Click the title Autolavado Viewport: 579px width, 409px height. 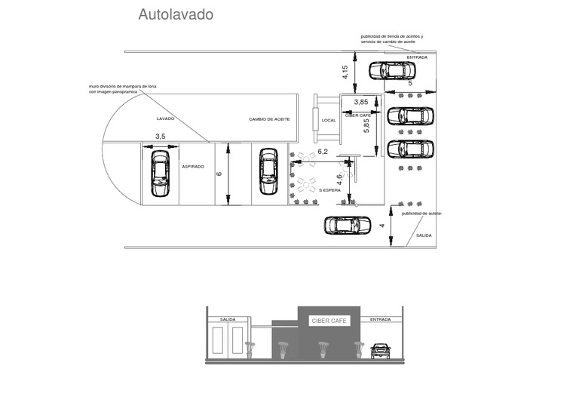click(176, 14)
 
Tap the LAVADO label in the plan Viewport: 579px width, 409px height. click(165, 119)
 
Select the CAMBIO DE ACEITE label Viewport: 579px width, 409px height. click(269, 119)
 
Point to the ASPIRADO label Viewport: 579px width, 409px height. click(193, 166)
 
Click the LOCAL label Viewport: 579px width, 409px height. click(329, 121)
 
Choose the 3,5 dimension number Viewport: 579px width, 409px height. click(160, 136)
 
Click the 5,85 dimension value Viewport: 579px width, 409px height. click(367, 127)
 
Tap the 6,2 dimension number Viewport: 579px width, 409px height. click(323, 152)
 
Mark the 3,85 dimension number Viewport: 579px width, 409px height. click(361, 102)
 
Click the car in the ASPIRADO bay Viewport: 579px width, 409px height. click(159, 173)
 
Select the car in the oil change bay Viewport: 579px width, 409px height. click(268, 171)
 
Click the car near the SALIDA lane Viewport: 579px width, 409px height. click(348, 225)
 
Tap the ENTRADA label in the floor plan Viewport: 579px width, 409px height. click(417, 58)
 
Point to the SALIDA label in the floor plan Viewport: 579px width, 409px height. click(424, 236)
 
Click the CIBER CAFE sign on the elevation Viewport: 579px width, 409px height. click(329, 321)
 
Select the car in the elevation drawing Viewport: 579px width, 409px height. click(381, 350)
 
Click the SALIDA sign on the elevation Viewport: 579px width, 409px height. click(228, 319)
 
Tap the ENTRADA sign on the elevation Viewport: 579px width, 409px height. click(381, 319)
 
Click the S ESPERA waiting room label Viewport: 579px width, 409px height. click(330, 190)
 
